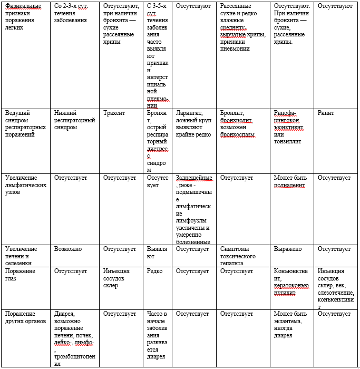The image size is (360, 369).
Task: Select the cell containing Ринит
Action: click(x=326, y=113)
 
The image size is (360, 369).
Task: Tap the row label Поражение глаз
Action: click(x=19, y=275)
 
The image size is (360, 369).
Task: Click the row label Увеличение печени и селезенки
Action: click(x=21, y=256)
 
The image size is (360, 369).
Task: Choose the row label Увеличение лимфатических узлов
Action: click(x=24, y=185)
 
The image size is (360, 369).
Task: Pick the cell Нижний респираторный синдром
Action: click(x=74, y=120)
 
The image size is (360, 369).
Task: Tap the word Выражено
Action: click(x=287, y=249)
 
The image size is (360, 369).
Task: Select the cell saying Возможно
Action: click(x=68, y=249)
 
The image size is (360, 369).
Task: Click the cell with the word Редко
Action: click(x=155, y=271)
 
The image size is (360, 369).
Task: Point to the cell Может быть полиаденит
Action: click(x=289, y=181)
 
